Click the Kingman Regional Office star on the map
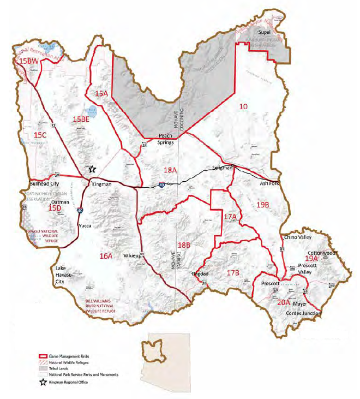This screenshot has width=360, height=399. [x=92, y=169]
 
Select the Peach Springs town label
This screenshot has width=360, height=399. [x=165, y=139]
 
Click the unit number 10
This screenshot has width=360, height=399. [x=244, y=106]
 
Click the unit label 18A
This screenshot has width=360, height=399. [x=170, y=170]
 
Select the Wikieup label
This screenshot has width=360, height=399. [x=131, y=255]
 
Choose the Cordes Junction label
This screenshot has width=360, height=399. [x=303, y=313]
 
